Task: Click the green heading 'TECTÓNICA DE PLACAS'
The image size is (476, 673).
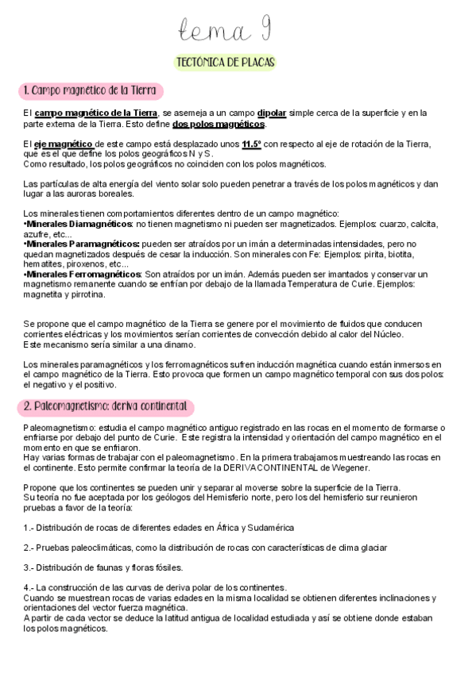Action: tap(226, 63)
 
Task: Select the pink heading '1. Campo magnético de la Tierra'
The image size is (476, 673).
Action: tap(92, 90)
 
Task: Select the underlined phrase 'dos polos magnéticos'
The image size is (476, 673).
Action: tap(219, 125)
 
